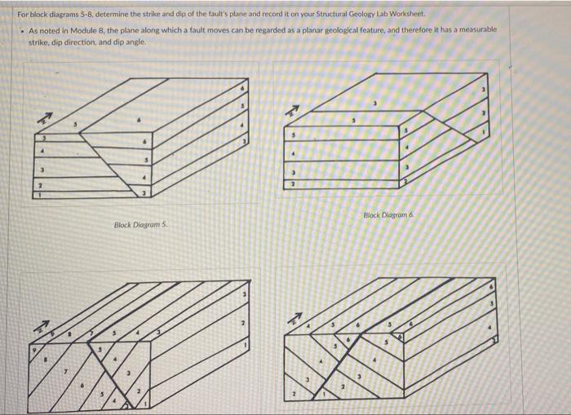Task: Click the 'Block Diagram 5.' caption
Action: tap(140, 225)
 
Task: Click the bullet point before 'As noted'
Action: tap(21, 30)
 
